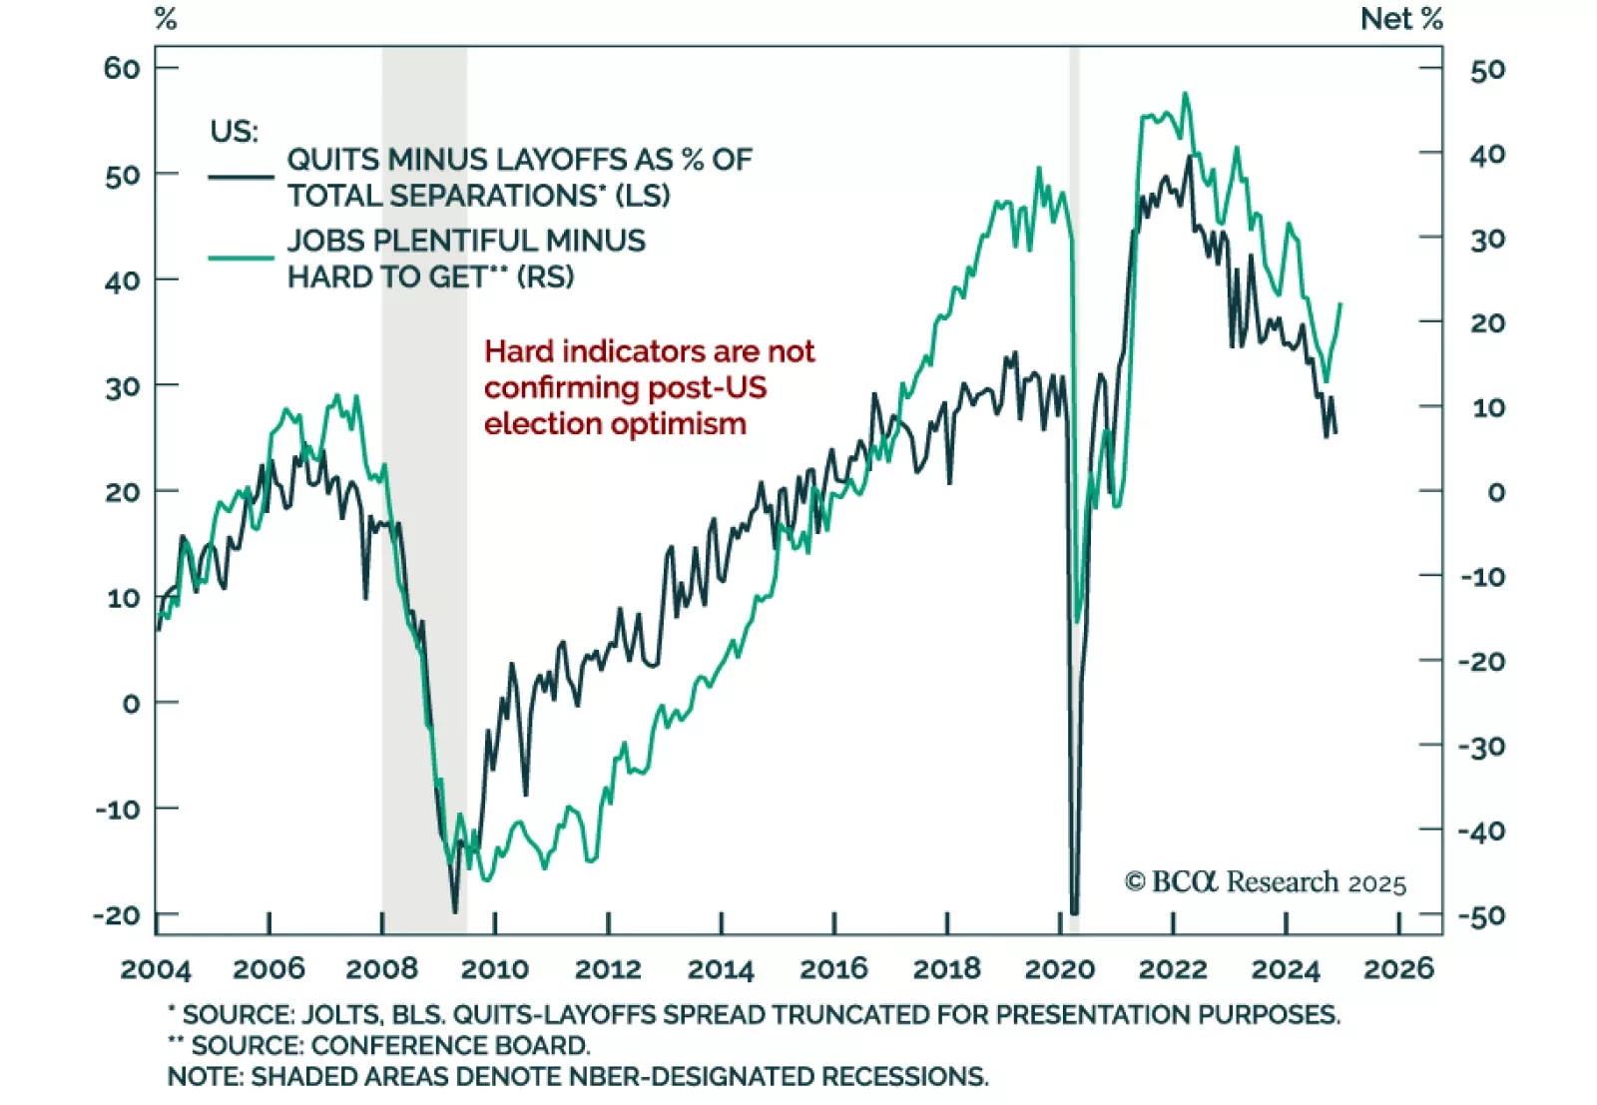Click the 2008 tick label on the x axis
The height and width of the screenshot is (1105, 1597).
coord(381,968)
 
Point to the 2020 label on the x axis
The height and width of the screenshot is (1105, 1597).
coord(1060,968)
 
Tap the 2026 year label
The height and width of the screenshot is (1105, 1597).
coord(1398,968)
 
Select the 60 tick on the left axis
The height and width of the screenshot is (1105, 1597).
coord(122,68)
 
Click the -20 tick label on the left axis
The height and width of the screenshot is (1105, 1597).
coord(118,914)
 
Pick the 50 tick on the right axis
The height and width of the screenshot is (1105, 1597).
coord(1487,70)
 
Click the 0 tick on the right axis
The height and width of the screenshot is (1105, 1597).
coord(1495,492)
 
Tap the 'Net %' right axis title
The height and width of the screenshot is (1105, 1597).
coord(1400,19)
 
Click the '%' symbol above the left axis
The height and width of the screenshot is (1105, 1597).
coord(166,19)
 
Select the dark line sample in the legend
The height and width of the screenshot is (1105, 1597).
coord(241,177)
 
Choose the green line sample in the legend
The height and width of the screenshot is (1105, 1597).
coord(241,258)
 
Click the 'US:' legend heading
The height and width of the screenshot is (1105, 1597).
coord(234,131)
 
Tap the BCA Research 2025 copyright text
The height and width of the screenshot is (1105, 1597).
coord(1265,882)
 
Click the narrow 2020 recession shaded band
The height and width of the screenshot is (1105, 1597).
coord(1074,299)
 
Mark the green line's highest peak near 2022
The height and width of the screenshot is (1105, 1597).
coord(1185,94)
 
